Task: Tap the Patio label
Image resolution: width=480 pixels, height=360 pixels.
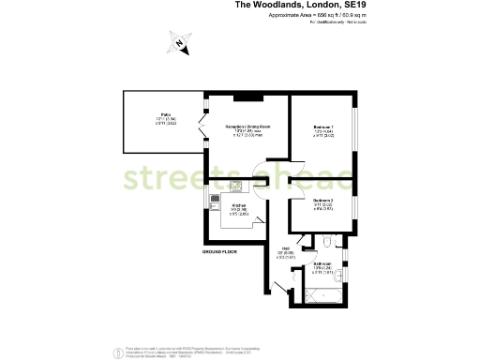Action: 164,117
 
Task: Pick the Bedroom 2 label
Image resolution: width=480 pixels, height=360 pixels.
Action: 322,201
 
